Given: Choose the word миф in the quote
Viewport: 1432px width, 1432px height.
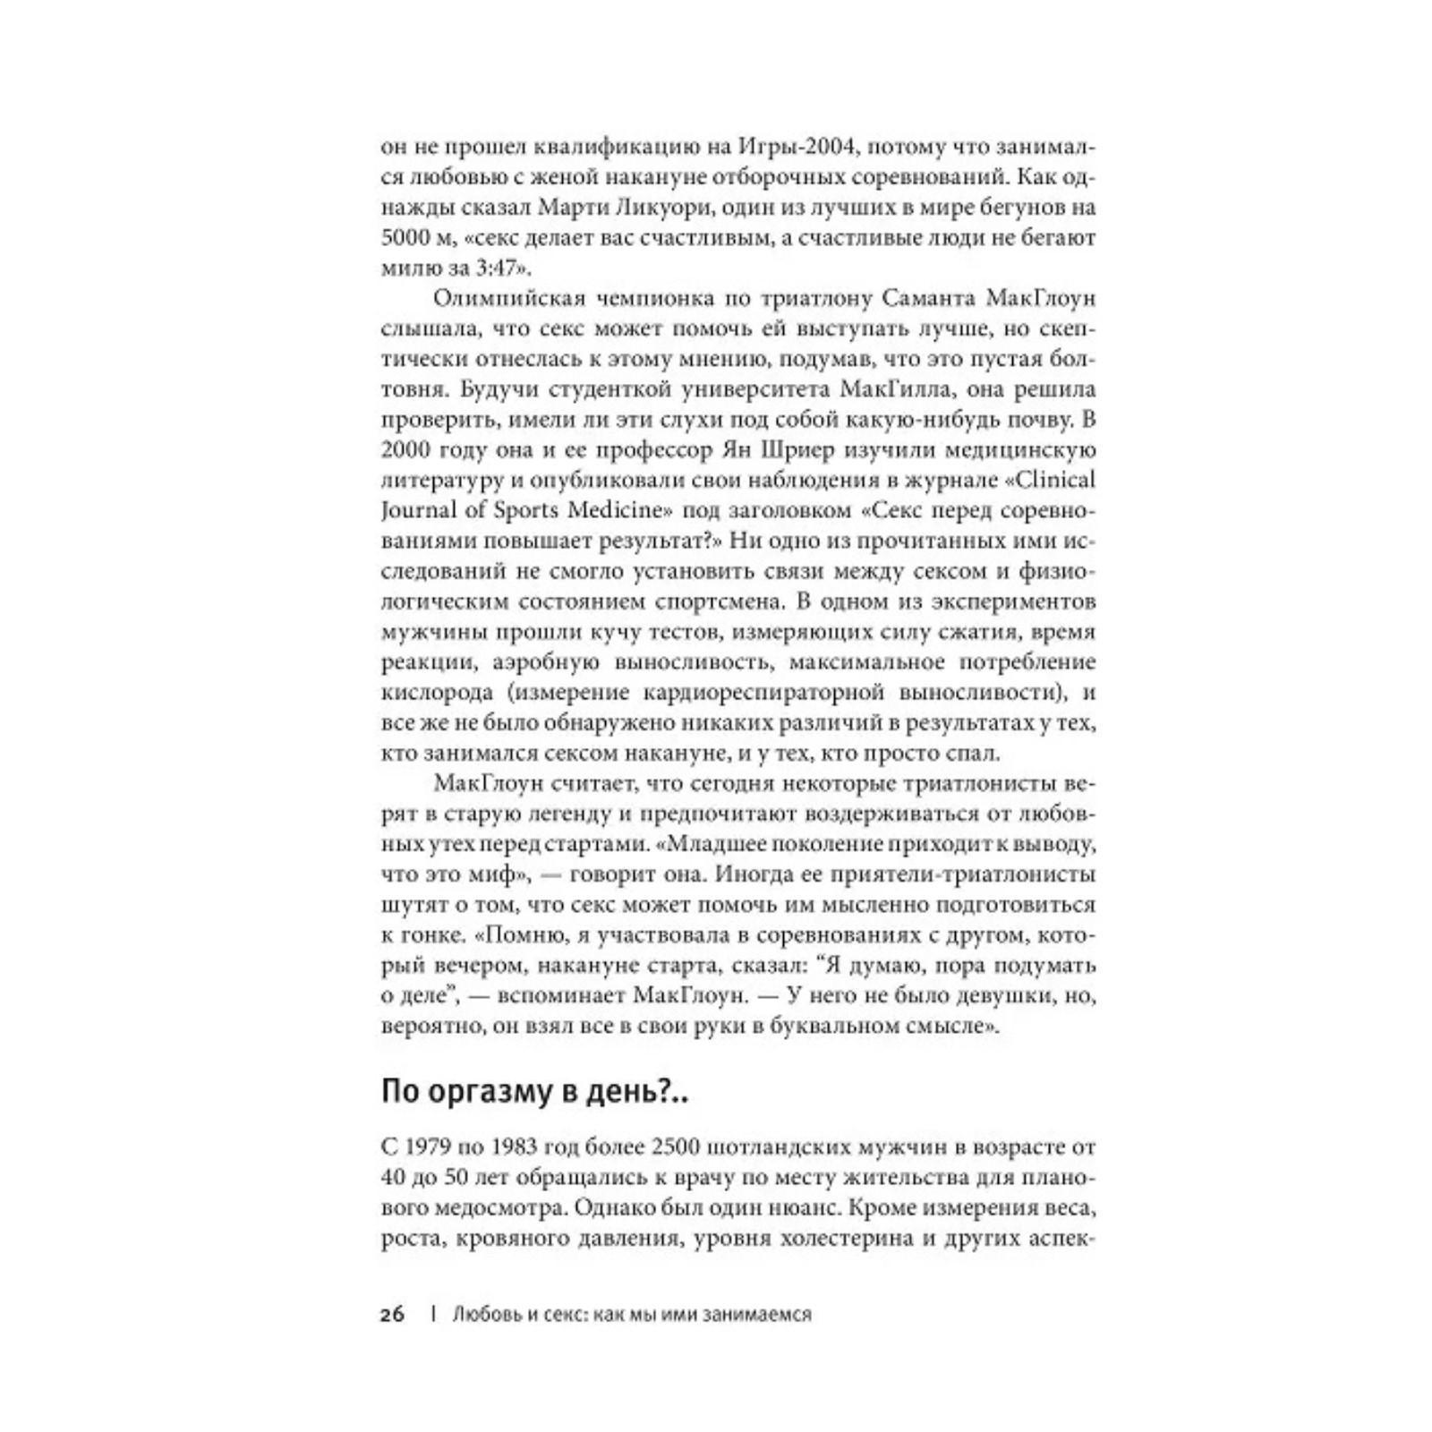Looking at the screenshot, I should [504, 875].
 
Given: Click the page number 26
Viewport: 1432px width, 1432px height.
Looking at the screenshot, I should [393, 1315].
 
